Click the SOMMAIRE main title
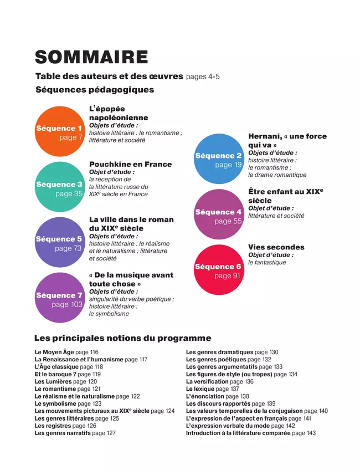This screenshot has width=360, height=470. tap(91, 57)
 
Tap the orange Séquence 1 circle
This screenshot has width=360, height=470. tap(59, 132)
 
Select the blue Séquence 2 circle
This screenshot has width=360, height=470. tap(219, 159)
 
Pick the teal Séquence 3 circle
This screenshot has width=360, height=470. tap(59, 188)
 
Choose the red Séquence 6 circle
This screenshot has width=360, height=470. tap(219, 270)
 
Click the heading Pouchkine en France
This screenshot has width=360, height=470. tap(130, 164)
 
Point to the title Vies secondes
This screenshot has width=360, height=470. tap(276, 247)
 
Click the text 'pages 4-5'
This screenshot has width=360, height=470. tap(203, 76)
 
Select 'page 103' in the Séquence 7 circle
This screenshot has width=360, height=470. tap(67, 304)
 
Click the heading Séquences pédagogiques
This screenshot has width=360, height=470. tap(95, 89)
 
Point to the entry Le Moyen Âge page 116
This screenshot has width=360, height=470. tap(66, 352)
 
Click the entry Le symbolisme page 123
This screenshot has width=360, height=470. tap(67, 404)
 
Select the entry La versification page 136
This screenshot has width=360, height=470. tap(219, 382)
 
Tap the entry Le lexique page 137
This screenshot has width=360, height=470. tap(212, 389)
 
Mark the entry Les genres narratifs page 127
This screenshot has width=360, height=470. tap(75, 433)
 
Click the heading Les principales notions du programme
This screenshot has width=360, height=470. tap(122, 338)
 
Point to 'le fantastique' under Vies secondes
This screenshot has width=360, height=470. tap(267, 262)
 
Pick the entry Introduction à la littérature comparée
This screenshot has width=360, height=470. tap(250, 433)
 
